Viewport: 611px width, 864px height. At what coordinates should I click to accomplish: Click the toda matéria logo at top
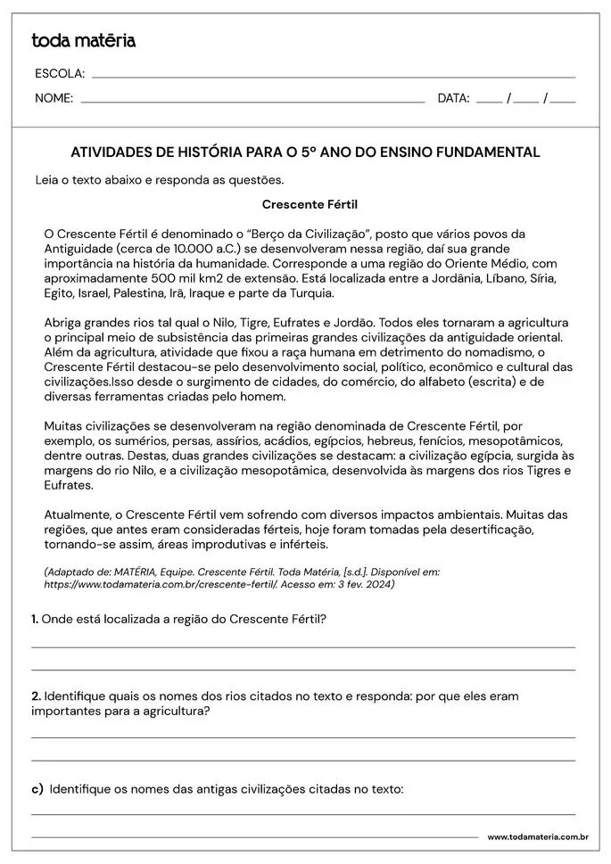point(84,40)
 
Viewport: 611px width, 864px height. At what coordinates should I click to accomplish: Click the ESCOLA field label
point(59,73)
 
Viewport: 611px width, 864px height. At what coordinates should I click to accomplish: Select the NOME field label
point(54,98)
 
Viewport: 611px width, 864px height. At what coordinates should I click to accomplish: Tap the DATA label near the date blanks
point(453,98)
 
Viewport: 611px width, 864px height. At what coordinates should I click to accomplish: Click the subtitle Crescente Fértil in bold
point(310,204)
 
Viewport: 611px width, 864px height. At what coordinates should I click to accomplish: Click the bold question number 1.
point(35,618)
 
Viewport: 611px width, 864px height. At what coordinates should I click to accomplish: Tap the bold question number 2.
point(36,695)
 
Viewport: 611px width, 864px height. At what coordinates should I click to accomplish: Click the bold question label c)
point(37,789)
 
